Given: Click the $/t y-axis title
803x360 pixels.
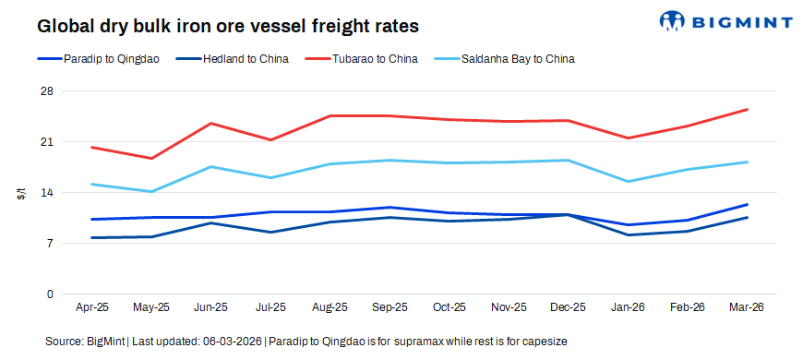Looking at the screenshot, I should [20, 193].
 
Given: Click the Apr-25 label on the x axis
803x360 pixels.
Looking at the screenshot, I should [92, 307].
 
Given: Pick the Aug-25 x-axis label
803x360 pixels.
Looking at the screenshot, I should [330, 307].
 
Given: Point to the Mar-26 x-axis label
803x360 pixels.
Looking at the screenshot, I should [746, 307].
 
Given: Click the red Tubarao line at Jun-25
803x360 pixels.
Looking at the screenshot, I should [211, 124].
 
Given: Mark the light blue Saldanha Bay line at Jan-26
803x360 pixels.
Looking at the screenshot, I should [628, 181].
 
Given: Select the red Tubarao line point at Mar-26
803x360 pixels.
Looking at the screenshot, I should [747, 110].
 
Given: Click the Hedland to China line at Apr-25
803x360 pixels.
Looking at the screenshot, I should [92, 237].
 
